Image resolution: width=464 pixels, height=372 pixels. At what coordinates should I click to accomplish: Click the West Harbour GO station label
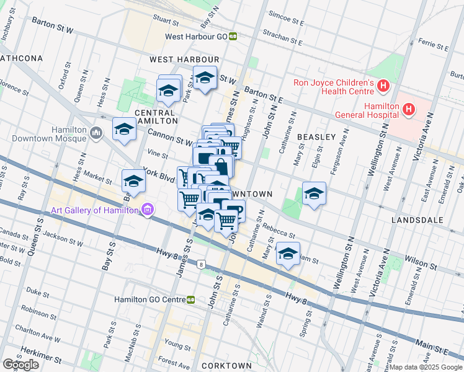(x=195, y=36)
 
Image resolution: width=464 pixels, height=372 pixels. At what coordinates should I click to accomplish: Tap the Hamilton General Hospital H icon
(x=409, y=110)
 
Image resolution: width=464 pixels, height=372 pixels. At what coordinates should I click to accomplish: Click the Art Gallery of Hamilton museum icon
(x=147, y=210)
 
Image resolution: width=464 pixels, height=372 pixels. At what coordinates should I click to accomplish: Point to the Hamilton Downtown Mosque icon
(x=96, y=133)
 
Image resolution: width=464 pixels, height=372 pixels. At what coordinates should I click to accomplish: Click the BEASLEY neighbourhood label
(x=316, y=136)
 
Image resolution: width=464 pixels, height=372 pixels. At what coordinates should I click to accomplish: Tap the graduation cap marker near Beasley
(x=315, y=194)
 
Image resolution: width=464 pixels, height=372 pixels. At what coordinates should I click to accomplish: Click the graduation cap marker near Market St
(x=133, y=181)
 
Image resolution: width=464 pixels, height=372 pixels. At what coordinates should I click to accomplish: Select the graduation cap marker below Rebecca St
(x=287, y=253)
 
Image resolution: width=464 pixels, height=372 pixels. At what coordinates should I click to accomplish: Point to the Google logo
(x=20, y=365)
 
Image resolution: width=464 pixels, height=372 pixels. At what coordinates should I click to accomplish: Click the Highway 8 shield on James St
(x=201, y=265)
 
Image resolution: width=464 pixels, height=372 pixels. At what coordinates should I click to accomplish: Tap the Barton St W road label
(x=53, y=30)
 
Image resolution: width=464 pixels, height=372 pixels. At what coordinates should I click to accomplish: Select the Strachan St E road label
(x=282, y=38)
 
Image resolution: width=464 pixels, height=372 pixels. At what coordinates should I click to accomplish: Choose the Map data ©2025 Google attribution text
(x=425, y=367)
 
